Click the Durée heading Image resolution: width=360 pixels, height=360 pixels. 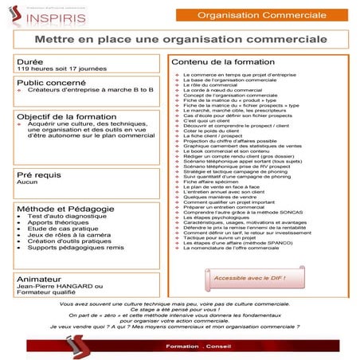[x=31, y=61]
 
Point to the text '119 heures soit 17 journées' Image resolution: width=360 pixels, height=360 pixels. [x=53, y=69]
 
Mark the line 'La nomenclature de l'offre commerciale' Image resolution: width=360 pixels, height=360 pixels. [x=237, y=248]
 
